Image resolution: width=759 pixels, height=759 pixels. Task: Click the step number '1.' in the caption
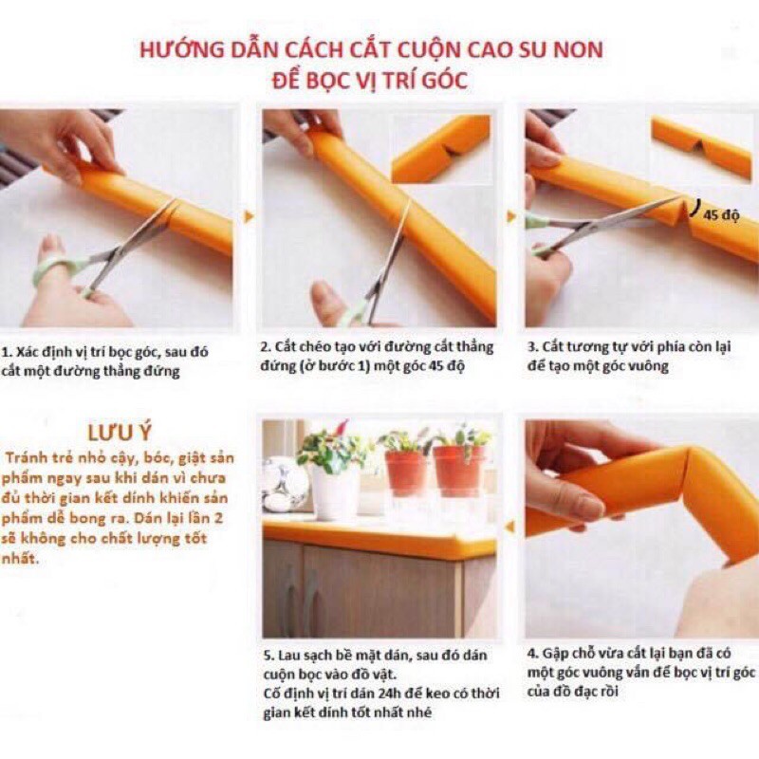coord(8,350)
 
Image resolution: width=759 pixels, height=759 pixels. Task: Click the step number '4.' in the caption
coord(531,655)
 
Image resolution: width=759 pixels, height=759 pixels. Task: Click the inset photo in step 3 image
coord(701,147)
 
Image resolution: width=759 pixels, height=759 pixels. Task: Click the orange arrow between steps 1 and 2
coord(249,216)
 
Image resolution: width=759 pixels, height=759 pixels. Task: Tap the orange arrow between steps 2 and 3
coord(511,216)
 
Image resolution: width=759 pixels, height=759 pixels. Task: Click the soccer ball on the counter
coord(285,484)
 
